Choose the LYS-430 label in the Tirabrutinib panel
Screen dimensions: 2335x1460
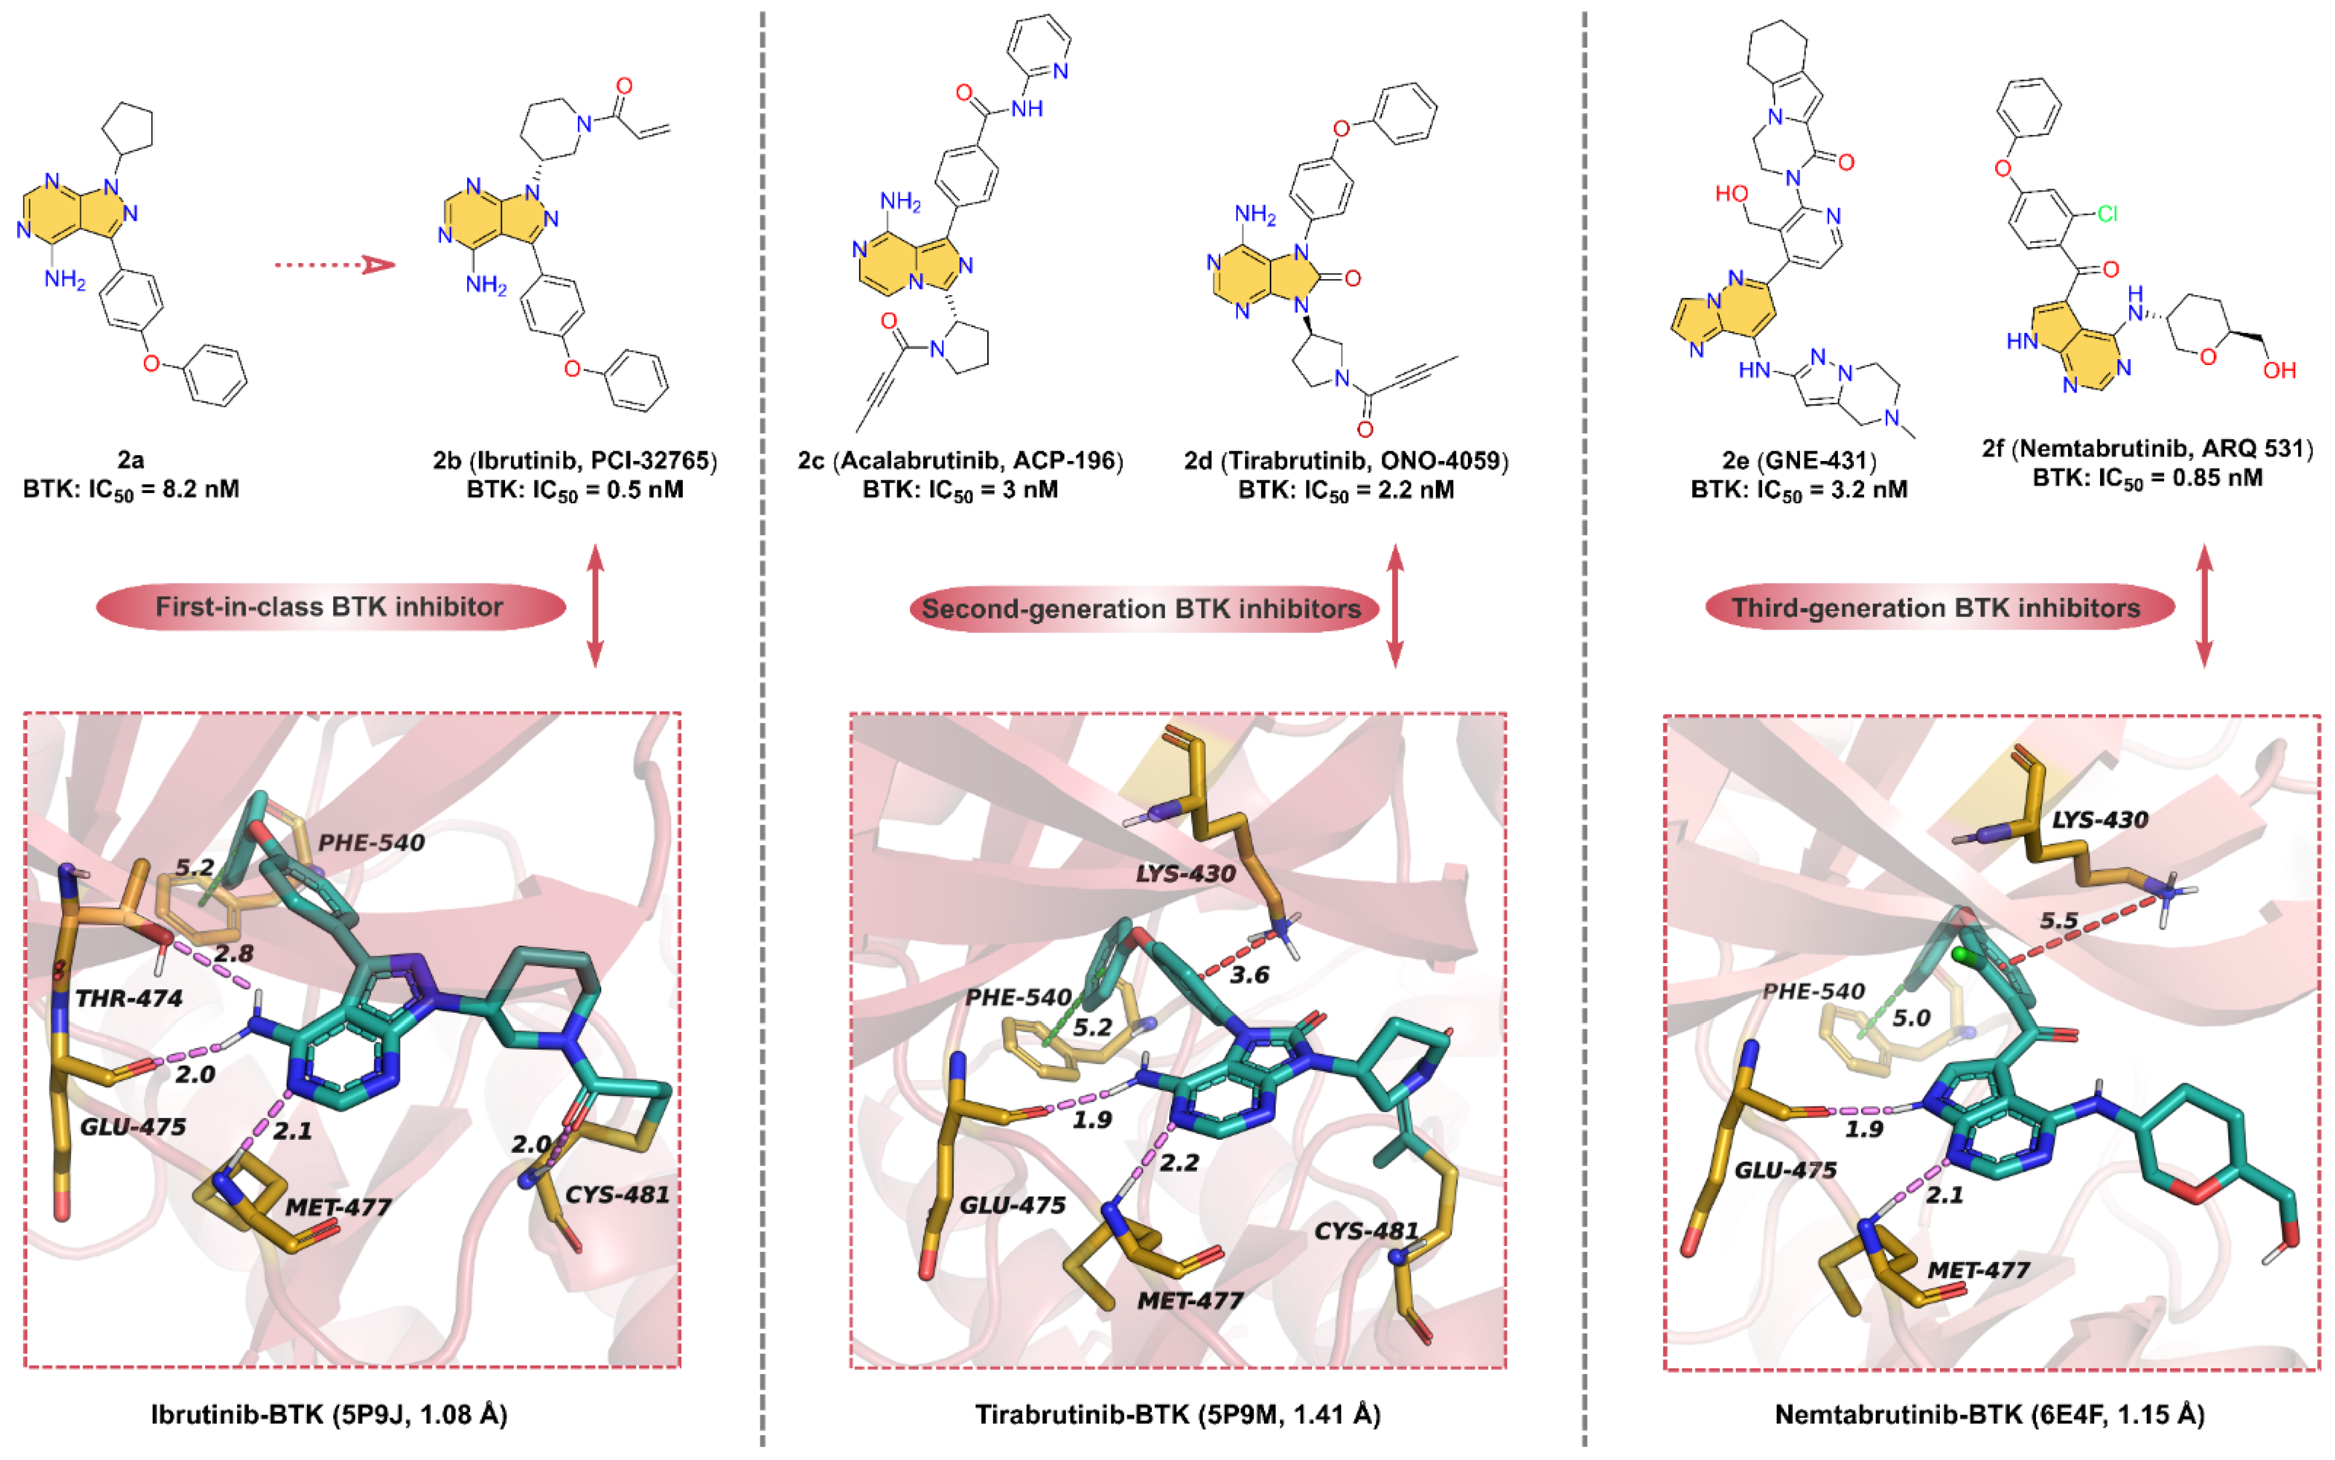point(1184,874)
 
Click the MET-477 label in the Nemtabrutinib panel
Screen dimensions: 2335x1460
point(1978,1270)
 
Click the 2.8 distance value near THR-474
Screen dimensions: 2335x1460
point(234,953)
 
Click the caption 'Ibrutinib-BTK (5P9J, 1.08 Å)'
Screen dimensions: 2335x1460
point(329,1415)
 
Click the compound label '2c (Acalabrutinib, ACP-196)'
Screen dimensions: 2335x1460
point(960,461)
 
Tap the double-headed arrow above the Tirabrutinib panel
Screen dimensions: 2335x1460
point(1394,606)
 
